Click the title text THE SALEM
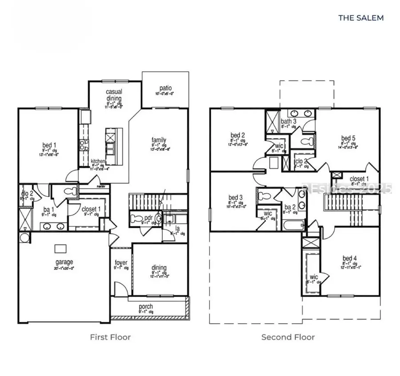tap(360, 18)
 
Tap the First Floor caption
tap(110, 337)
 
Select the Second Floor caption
tap(288, 337)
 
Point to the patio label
tap(164, 88)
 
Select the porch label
tap(146, 306)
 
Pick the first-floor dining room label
tap(159, 268)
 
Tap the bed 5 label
tap(348, 138)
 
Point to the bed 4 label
tap(349, 258)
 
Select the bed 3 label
tap(236, 197)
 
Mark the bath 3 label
tap(288, 121)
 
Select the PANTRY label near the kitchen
tap(102, 187)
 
